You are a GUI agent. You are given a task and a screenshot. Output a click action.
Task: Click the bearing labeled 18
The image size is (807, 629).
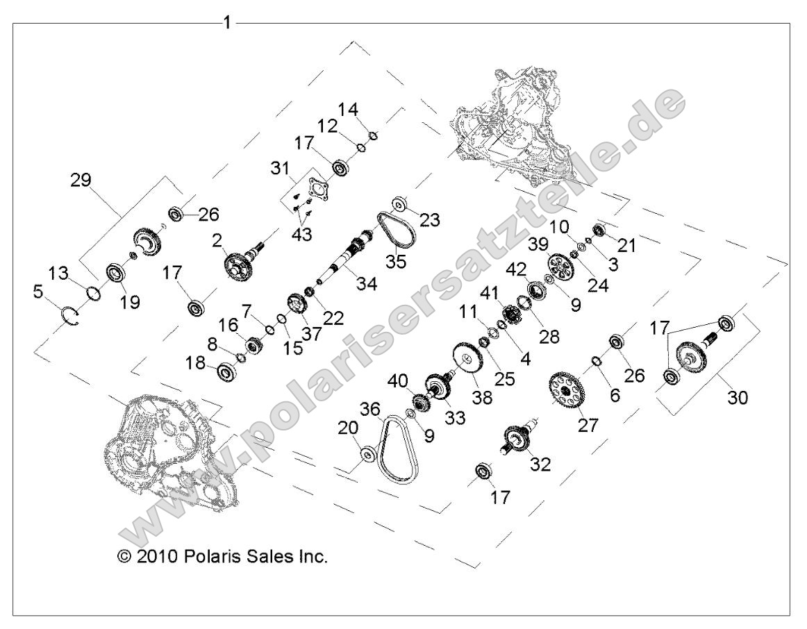click(x=226, y=372)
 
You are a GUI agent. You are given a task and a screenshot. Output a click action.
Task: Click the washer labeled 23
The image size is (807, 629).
click(x=400, y=205)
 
